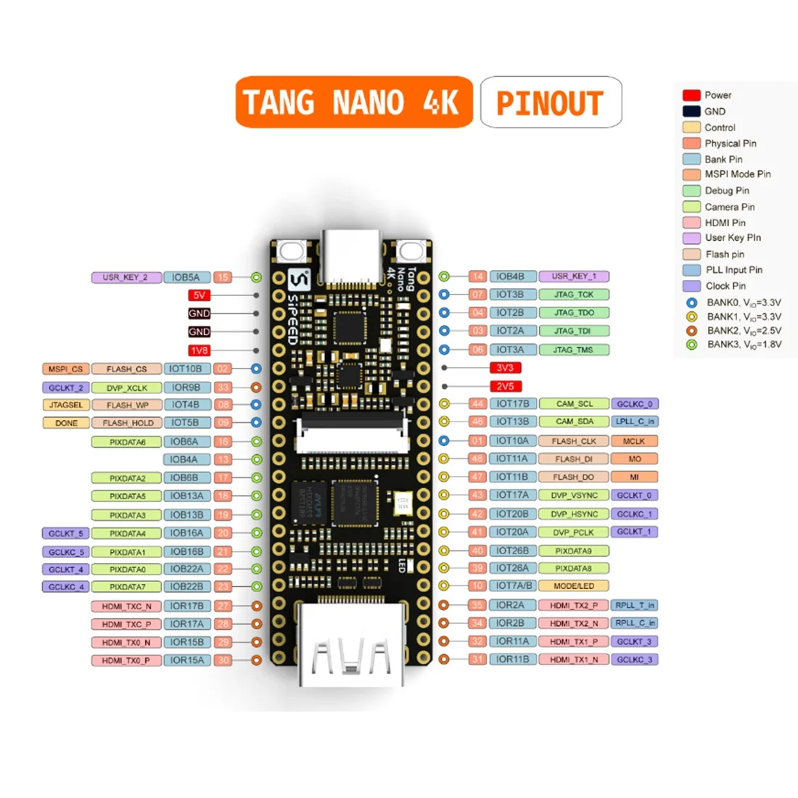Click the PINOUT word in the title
[550, 103]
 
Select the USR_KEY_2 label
[126, 277]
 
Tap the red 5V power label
[199, 295]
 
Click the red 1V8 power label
[199, 350]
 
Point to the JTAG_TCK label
[574, 295]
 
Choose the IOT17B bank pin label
[513, 403]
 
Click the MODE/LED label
[573, 586]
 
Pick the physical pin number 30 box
[223, 660]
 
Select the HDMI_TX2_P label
[573, 605]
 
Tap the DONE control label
[66, 423]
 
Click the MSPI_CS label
[65, 369]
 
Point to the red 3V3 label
[505, 368]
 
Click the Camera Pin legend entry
[729, 207]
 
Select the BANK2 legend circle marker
[691, 331]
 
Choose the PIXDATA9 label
[573, 551]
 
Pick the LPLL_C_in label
[635, 421]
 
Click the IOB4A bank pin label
[184, 459]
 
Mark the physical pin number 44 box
[477, 403]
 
